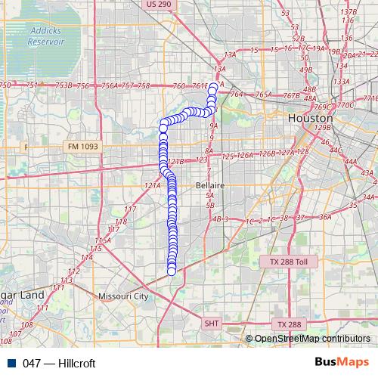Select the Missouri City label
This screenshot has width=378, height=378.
(124, 296)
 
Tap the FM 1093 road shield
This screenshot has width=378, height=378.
(82, 146)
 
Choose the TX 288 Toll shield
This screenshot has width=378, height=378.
(289, 262)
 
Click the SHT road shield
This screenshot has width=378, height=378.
(212, 323)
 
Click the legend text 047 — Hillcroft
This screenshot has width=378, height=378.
(59, 363)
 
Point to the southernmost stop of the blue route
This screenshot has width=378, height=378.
(171, 270)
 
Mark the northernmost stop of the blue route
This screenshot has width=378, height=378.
(213, 88)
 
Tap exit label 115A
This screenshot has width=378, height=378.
(103, 240)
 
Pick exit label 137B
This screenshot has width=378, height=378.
(349, 12)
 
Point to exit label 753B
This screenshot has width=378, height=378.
(64, 86)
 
